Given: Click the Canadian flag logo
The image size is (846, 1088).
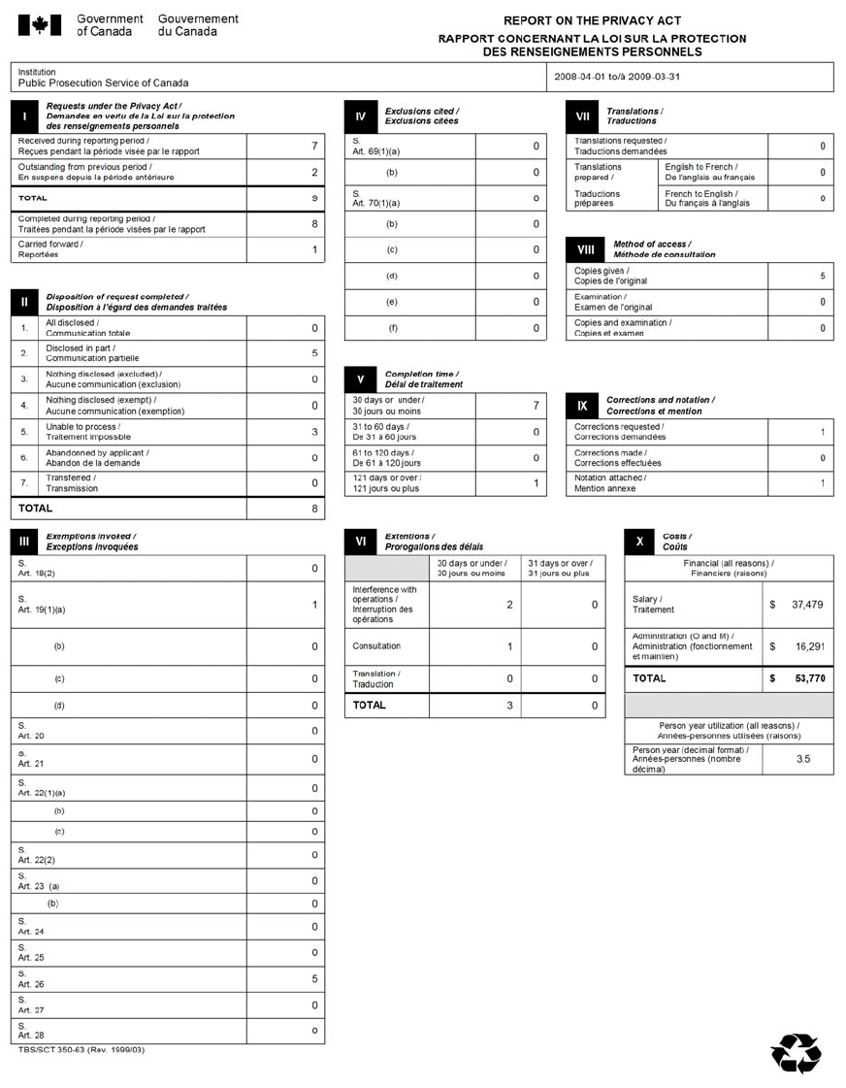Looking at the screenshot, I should [41, 25].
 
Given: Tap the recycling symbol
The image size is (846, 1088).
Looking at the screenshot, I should [796, 1052].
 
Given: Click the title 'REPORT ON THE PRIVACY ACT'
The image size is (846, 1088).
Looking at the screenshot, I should [592, 20].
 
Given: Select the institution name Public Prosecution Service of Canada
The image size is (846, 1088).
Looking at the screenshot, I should [104, 83].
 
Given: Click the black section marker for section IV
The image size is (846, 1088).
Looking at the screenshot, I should [360, 116].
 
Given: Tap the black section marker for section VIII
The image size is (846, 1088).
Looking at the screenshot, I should [581, 249].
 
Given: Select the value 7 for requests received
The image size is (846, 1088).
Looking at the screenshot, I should [314, 147].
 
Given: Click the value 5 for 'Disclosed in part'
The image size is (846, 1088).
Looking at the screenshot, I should [314, 353].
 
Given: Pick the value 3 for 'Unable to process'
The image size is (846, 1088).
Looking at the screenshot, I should [314, 432].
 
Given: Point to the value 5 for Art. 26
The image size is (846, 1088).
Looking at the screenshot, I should [314, 979].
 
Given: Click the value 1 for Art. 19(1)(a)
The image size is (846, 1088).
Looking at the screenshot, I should [314, 606].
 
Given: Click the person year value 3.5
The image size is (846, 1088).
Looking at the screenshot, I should [803, 759].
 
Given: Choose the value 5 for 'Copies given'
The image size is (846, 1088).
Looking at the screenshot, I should [823, 277].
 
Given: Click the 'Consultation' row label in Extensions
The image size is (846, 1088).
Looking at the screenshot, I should [377, 646].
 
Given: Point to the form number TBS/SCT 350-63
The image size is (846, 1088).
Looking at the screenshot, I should [81, 1050].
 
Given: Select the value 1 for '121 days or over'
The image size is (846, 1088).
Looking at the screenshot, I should [536, 483].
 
